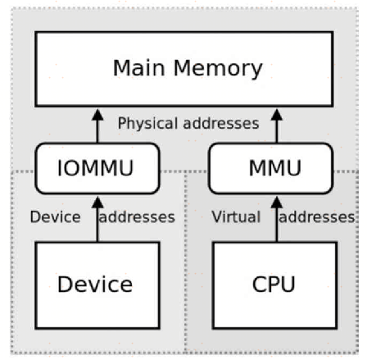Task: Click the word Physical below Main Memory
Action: pos(148,123)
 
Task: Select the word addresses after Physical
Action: pos(223,123)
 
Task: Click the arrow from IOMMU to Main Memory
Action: pos(97,124)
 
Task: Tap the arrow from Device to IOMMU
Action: pos(97,217)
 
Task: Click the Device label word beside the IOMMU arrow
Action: pos(55,217)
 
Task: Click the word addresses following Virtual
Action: pos(317,217)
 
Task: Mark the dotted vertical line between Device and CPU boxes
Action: pos(188,279)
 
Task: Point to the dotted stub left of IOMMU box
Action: pos(22,172)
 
